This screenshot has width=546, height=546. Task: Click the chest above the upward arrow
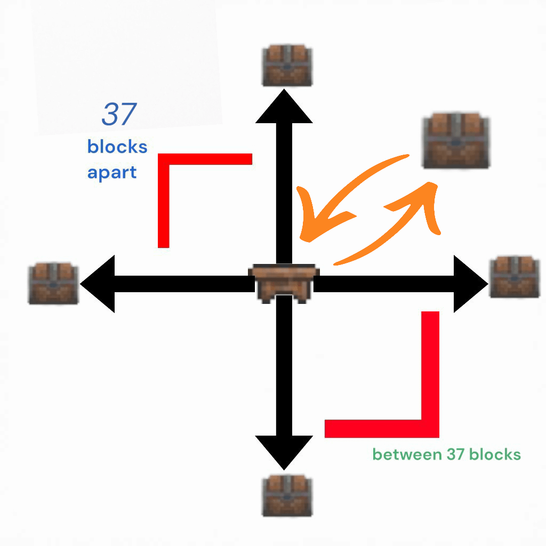pos(287,66)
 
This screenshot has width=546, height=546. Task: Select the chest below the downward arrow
pos(287,496)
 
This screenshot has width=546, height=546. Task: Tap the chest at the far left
pos(53,283)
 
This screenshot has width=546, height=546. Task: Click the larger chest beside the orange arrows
pos(455,140)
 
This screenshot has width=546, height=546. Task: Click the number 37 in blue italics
pos(118,115)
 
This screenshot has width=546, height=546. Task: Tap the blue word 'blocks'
pos(117,147)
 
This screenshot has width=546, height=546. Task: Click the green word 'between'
pos(404,455)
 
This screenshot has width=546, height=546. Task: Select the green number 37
pos(452,455)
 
